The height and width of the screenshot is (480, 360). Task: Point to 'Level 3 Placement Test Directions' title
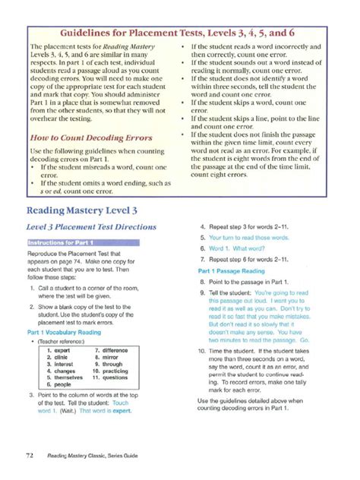(x=92, y=227)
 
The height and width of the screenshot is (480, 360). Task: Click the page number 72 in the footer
(x=29, y=454)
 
